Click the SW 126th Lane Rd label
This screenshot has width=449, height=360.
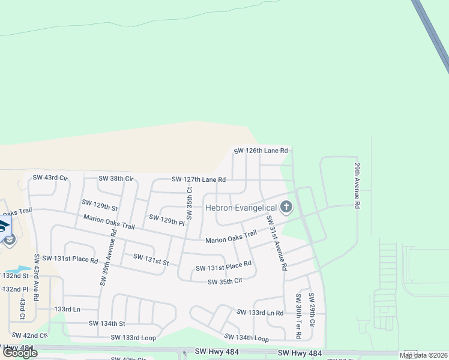pyautogui.click(x=261, y=151)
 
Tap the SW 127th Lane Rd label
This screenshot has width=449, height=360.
pyautogui.click(x=198, y=179)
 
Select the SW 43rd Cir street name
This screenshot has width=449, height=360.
pyautogui.click(x=50, y=178)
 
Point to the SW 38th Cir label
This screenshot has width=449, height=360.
pyautogui.click(x=115, y=178)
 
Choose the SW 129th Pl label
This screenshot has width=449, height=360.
pyautogui.click(x=167, y=220)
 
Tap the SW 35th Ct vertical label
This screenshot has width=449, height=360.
pyautogui.click(x=189, y=203)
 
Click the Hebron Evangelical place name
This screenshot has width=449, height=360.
pyautogui.click(x=240, y=208)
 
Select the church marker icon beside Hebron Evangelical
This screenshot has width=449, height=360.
pyautogui.click(x=286, y=208)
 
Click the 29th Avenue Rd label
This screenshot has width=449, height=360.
pyautogui.click(x=357, y=185)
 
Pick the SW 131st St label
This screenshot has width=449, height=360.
pyautogui.click(x=151, y=259)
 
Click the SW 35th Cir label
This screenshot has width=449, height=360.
pyautogui.click(x=224, y=281)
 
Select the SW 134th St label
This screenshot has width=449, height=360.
pyautogui.click(x=107, y=323)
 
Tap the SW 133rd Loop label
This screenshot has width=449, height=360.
pyautogui.click(x=133, y=338)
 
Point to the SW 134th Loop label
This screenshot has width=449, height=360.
pyautogui.click(x=246, y=338)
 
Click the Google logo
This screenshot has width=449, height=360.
pyautogui.click(x=20, y=353)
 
